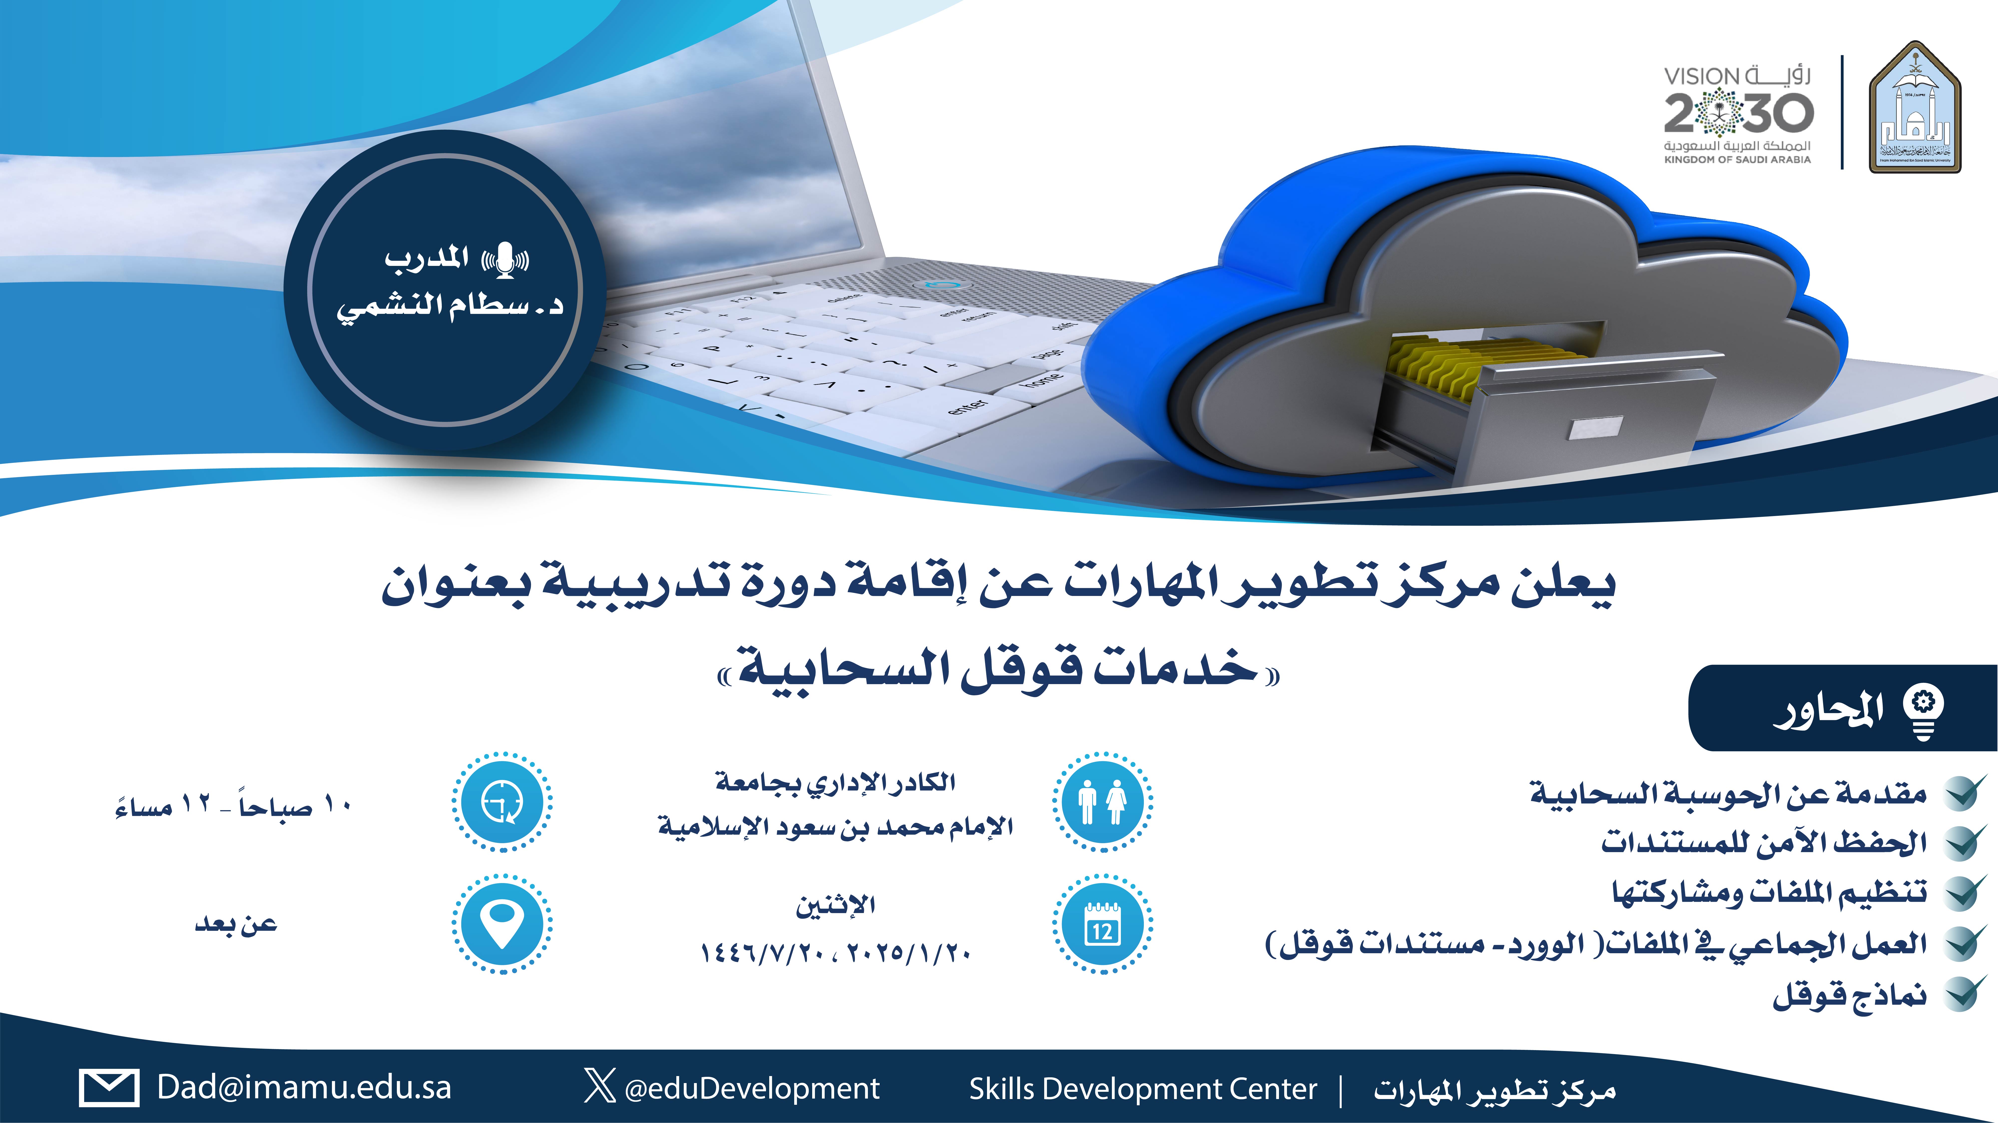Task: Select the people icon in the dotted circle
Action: (x=1102, y=802)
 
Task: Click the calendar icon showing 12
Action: (x=1102, y=924)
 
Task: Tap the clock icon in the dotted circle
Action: (x=502, y=802)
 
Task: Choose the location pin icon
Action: (x=502, y=924)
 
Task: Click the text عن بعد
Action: (x=236, y=924)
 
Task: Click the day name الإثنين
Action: (x=835, y=904)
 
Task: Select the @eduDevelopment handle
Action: (x=752, y=1088)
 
